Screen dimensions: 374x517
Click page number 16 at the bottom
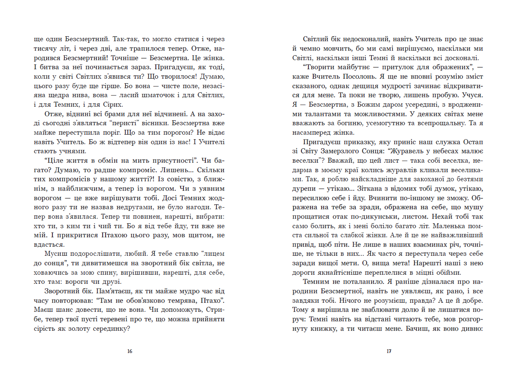tap(130, 351)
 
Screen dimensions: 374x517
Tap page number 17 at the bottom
tap(388, 351)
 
